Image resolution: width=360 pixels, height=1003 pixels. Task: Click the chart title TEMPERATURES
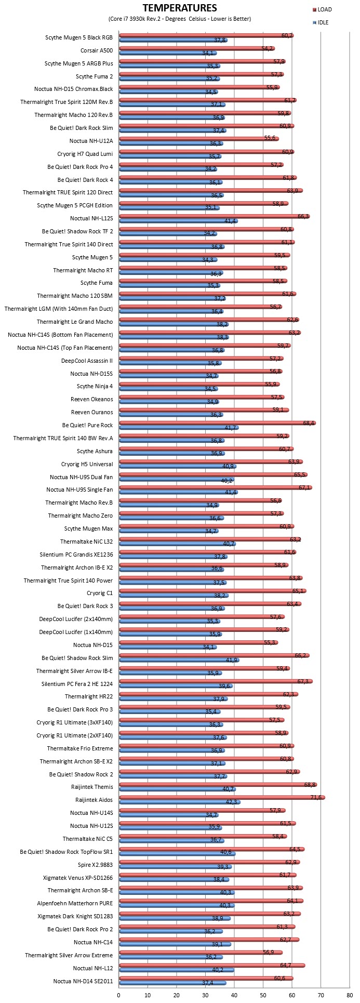(x=180, y=8)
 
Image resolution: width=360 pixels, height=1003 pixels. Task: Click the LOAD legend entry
(x=322, y=9)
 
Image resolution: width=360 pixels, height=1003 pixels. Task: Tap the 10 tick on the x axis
(x=148, y=995)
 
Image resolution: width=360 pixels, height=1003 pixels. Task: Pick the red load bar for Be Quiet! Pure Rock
(x=218, y=423)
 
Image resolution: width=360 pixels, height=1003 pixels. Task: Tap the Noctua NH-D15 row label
(x=93, y=645)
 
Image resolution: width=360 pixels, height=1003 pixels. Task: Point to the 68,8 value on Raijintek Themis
(x=310, y=784)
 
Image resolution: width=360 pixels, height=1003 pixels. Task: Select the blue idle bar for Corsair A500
(x=168, y=53)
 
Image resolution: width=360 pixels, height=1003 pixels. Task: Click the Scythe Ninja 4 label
(x=95, y=386)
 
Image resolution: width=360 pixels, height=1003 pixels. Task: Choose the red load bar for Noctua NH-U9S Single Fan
(x=216, y=487)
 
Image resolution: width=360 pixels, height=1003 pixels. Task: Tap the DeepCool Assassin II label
(x=87, y=360)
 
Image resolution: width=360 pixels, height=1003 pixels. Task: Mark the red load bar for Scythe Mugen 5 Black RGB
(x=206, y=35)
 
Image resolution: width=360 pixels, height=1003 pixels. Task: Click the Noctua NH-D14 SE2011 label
(x=83, y=981)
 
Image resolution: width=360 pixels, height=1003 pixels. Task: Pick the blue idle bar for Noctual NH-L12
(x=177, y=970)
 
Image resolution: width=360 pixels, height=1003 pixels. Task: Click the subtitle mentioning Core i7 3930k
(x=180, y=19)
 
